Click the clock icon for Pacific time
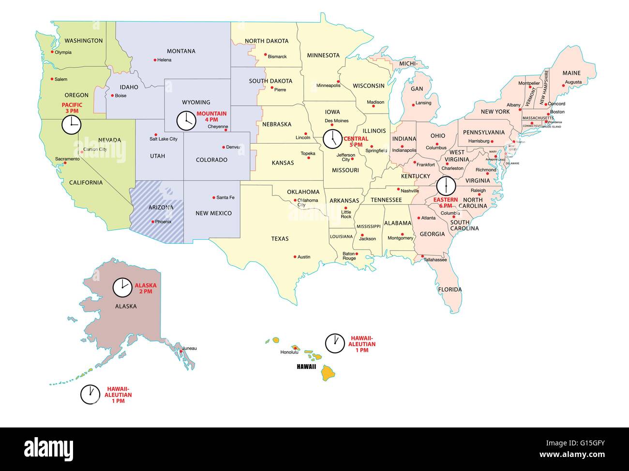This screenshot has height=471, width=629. pos(71,125)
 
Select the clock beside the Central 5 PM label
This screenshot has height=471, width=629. pos(332,139)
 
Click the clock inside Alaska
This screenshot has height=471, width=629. pos(122,287)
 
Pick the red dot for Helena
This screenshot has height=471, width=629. pos(155,60)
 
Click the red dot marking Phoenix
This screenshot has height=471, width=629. pos(153,222)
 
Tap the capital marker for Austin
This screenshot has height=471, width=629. pos(295,256)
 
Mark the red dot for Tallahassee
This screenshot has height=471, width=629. pos(422,256)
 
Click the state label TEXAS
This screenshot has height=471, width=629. pos(280,238)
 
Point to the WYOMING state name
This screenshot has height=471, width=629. pos(196,102)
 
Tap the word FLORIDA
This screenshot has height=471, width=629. pos(450,290)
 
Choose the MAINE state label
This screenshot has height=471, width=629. pos(571,73)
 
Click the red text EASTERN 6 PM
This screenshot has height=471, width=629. pos(445,202)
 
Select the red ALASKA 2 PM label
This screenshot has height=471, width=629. pos(145,289)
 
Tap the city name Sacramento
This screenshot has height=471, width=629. pos(67,159)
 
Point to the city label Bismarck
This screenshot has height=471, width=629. pos(277,57)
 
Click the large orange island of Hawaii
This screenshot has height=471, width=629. pos(330,372)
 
